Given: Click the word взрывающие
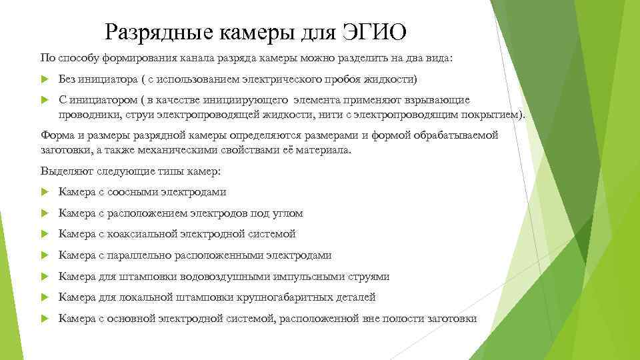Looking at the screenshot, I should [440, 100].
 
